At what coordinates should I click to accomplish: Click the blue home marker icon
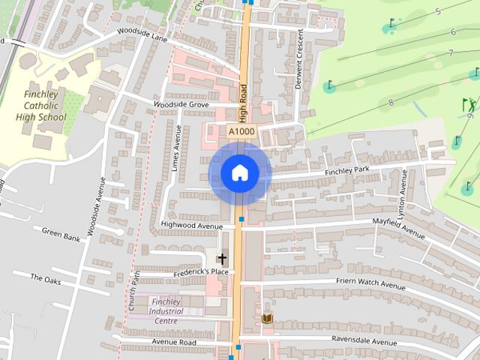point(240,173)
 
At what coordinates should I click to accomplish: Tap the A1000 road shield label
point(241,131)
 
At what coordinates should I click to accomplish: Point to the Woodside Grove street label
point(181,104)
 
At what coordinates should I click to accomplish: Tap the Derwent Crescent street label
point(298,59)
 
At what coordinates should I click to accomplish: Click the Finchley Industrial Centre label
point(166,310)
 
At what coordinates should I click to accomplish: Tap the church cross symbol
point(221,258)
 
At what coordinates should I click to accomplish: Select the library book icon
point(267,319)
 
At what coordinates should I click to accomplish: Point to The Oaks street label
point(46,278)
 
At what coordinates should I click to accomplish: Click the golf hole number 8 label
point(391,102)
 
